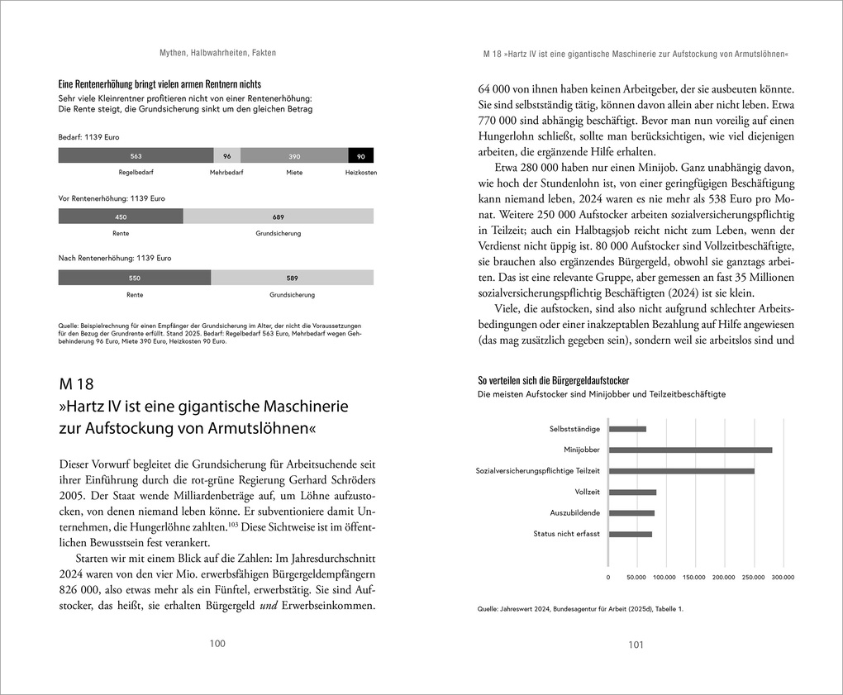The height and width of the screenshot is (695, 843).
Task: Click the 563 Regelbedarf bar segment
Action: coord(136,155)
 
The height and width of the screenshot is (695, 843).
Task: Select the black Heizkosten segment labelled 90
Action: coord(360,155)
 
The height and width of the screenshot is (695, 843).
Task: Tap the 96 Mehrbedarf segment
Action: coord(227,155)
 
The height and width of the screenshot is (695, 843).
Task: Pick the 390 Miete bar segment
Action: coord(294,155)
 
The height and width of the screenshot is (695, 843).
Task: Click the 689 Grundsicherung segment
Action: coord(278,217)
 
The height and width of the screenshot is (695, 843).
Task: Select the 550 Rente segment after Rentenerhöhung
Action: coord(135,278)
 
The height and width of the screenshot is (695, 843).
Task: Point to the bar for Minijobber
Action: coord(690,450)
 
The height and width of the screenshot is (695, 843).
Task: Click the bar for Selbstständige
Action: coord(627,429)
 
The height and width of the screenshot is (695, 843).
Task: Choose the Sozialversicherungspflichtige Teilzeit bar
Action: coord(681,471)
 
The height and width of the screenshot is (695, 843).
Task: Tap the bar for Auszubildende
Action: coord(631,513)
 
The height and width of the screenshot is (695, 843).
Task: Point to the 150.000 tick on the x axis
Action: coord(694,578)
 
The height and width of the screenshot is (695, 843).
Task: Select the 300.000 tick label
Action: coord(782,578)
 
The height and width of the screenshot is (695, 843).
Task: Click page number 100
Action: coord(217,645)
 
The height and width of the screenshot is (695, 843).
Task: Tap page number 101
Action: coord(635,645)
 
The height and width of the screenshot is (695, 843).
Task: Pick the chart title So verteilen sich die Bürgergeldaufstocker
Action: coord(553,380)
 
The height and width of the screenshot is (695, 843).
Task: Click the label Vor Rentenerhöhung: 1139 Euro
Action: coord(112,198)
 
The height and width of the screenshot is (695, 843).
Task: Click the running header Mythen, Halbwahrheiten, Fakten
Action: coord(217,53)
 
